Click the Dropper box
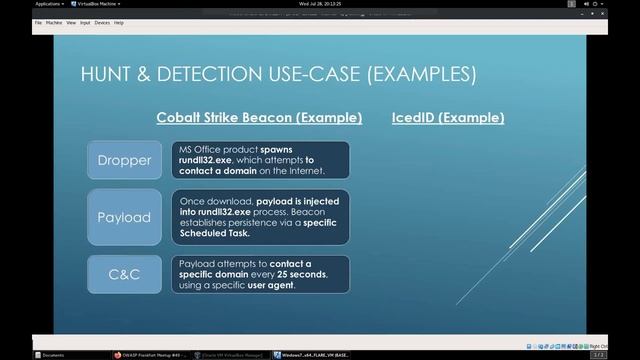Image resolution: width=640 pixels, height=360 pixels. pyautogui.click(x=124, y=160)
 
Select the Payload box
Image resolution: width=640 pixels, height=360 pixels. pyautogui.click(x=124, y=217)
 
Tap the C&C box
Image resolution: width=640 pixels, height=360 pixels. pyautogui.click(x=124, y=274)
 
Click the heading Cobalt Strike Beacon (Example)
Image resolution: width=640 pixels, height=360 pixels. pyautogui.click(x=259, y=118)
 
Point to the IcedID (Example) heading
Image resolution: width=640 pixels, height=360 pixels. pyautogui.click(x=448, y=118)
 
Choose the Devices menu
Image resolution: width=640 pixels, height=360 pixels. pyautogui.click(x=102, y=22)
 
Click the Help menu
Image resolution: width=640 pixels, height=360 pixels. pyautogui.click(x=119, y=22)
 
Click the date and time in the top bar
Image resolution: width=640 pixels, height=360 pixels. pyautogui.click(x=320, y=4)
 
